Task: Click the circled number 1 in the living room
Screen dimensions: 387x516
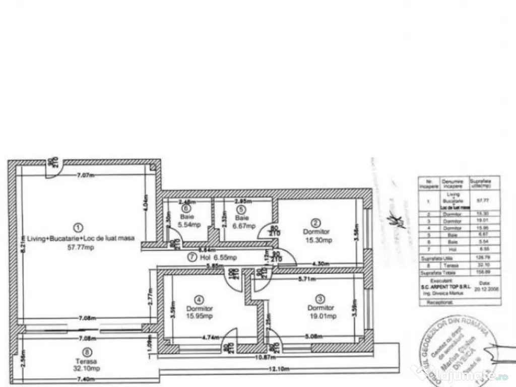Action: point(77,227)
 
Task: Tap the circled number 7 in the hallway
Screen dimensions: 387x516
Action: point(191,256)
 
